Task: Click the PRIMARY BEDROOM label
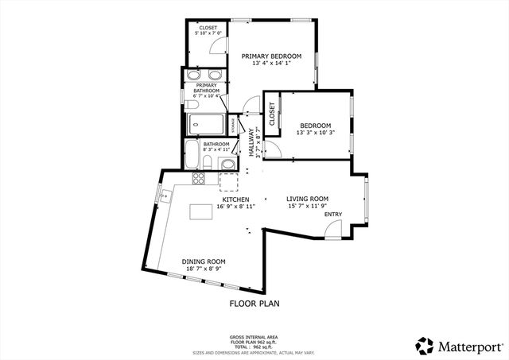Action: click(272, 56)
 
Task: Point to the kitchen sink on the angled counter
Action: click(165, 193)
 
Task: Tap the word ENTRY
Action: click(332, 214)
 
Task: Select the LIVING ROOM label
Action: click(307, 199)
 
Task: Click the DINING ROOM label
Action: click(204, 261)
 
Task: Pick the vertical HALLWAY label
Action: click(251, 142)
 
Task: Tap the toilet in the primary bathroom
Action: click(192, 103)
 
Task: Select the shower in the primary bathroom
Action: click(206, 124)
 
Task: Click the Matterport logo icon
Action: click(425, 346)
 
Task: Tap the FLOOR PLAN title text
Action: click(254, 304)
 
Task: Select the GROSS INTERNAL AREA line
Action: click(254, 337)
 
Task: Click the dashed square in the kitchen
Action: click(229, 181)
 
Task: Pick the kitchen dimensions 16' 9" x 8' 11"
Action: click(230, 207)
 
